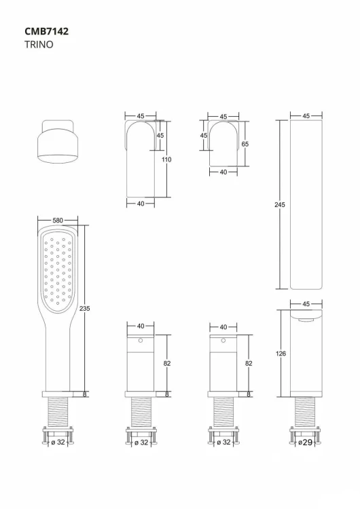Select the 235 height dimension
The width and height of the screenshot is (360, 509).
pos(85,309)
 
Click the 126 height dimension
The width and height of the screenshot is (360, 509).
pos(280,352)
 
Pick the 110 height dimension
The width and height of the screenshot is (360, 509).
pos(167,159)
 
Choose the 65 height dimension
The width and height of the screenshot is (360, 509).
pos(245,145)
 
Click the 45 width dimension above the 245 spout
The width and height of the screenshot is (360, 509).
pos(306,116)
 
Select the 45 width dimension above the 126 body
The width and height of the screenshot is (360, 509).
pos(306,303)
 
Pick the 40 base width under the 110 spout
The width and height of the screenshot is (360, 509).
pos(141,203)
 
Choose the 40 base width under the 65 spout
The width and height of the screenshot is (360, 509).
pos(223,172)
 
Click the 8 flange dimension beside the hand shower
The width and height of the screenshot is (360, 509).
pos(85,394)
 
